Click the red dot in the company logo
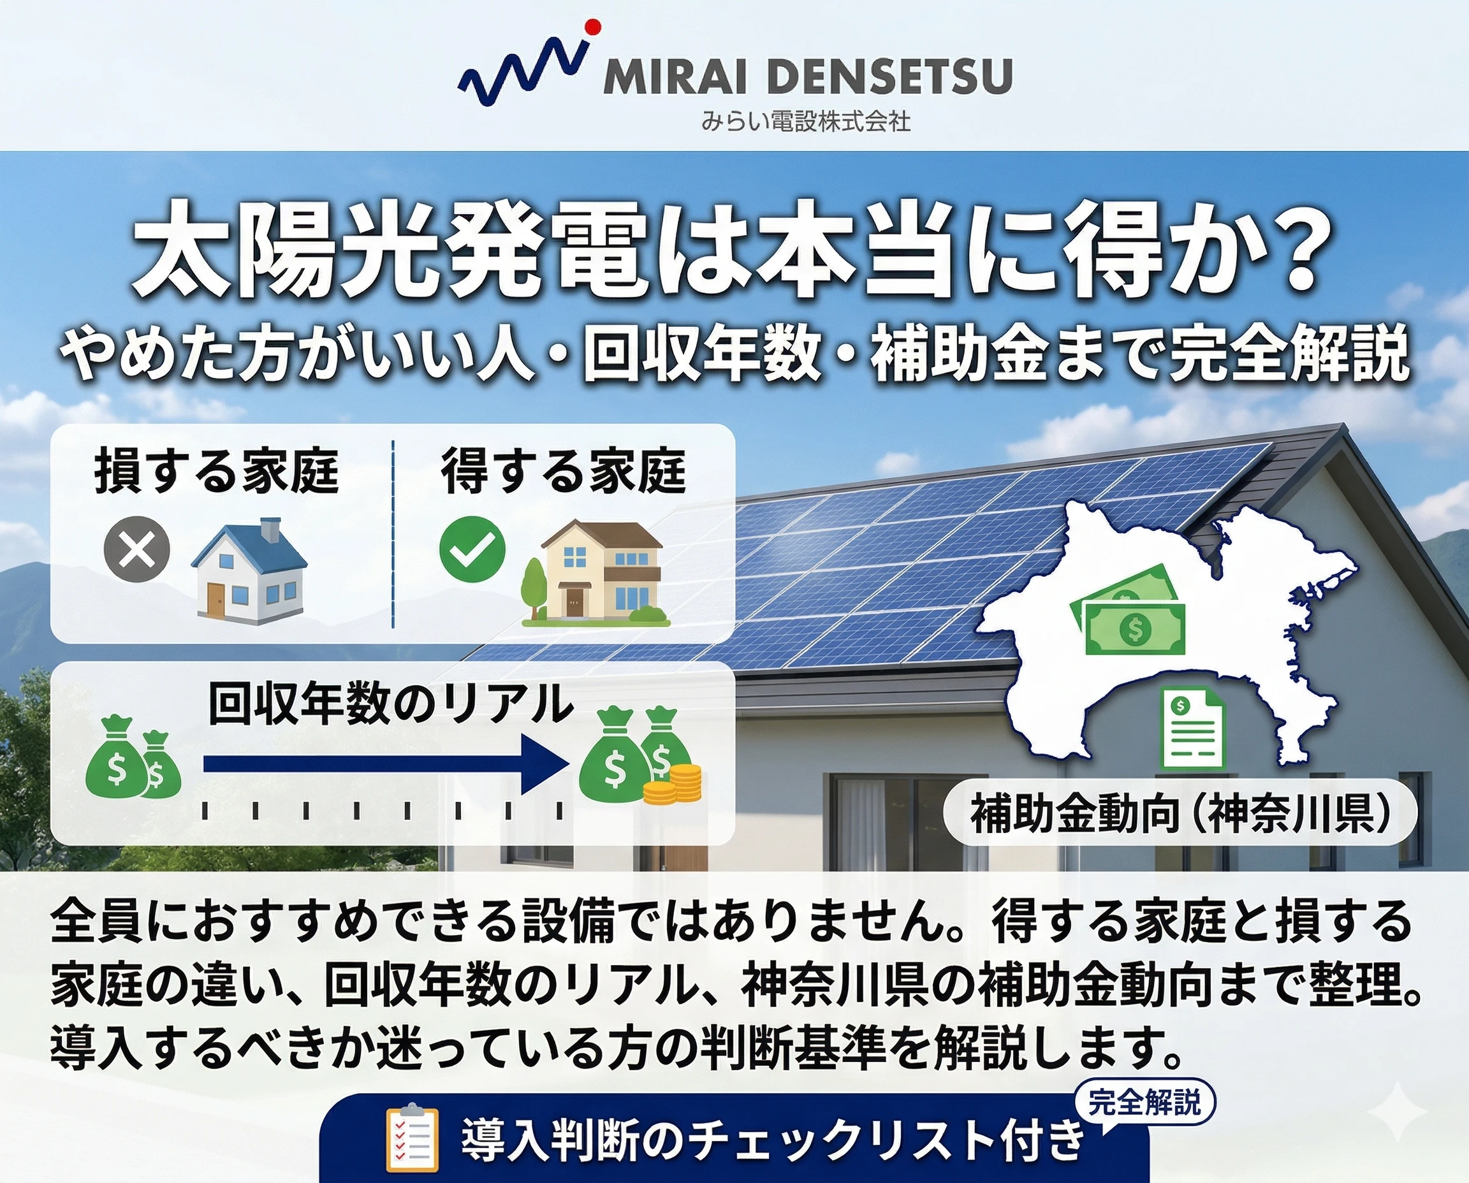[x=592, y=27]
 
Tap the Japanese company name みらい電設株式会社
[x=806, y=122]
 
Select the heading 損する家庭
[x=216, y=471]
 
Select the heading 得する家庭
[x=563, y=471]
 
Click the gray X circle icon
[x=136, y=550]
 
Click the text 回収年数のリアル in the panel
[x=390, y=704]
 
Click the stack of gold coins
[x=673, y=785]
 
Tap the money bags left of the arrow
[x=134, y=757]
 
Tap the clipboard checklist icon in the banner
[x=412, y=1136]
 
